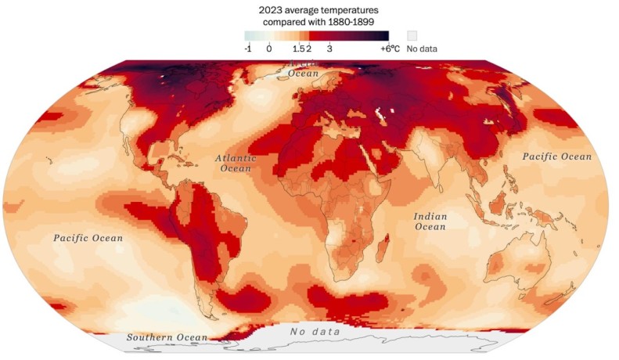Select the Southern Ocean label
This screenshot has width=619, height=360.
click(167, 337)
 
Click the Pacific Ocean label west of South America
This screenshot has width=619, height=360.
click(88, 237)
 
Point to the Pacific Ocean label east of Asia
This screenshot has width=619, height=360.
click(557, 157)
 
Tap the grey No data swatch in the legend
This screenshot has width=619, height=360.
click(412, 36)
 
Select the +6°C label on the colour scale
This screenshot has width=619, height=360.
click(390, 49)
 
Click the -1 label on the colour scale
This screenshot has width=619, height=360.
click(249, 49)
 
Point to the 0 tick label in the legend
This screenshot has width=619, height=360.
click(268, 49)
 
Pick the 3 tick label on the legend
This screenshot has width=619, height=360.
click(329, 49)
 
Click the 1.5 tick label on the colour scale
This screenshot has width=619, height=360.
click(298, 49)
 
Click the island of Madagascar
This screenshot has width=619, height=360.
click(383, 253)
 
